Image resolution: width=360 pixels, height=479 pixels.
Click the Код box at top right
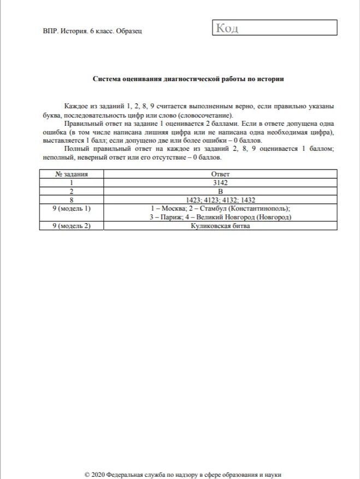(x=274, y=28)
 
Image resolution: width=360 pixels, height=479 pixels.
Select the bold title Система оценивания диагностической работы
(x=187, y=79)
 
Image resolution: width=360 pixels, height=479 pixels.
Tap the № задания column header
(x=72, y=174)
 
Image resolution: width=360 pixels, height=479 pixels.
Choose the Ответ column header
(x=220, y=174)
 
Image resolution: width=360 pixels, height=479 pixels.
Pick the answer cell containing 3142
(x=220, y=183)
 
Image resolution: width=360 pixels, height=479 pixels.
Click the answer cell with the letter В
(x=220, y=191)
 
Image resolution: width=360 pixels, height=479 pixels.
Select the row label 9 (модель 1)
(x=72, y=209)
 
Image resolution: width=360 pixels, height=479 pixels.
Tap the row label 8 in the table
(x=72, y=200)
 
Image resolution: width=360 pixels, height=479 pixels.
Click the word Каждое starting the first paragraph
(x=76, y=105)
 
